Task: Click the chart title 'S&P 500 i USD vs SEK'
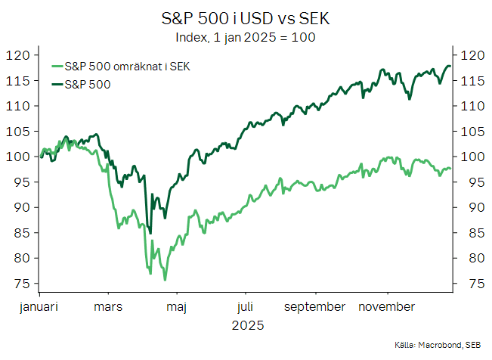246,17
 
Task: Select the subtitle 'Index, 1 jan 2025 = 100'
246,36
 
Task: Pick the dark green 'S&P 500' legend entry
88,84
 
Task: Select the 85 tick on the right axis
467,233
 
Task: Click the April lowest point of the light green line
165,280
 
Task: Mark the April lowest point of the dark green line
150,233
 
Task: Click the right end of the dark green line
450,67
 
